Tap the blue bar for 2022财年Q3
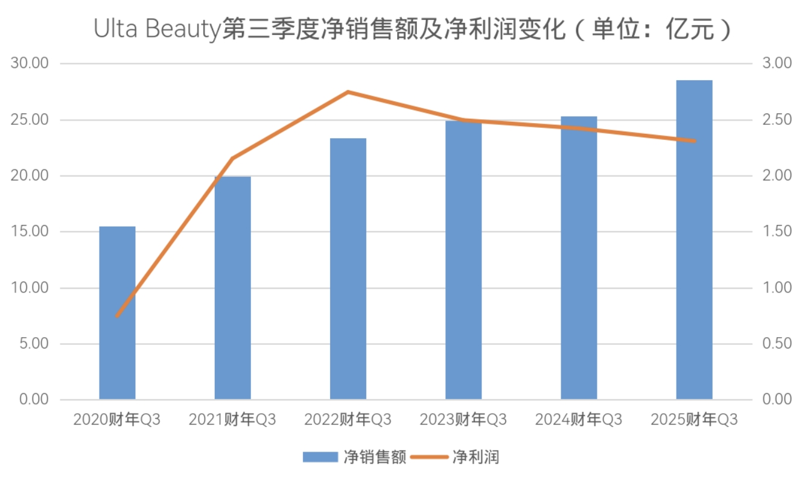(x=348, y=268)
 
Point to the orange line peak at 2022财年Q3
(x=348, y=92)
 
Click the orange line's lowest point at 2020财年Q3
(x=117, y=315)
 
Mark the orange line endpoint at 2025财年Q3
(x=694, y=141)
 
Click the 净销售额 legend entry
(x=354, y=457)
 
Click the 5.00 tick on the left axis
(x=33, y=344)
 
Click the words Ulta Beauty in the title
(x=157, y=29)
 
